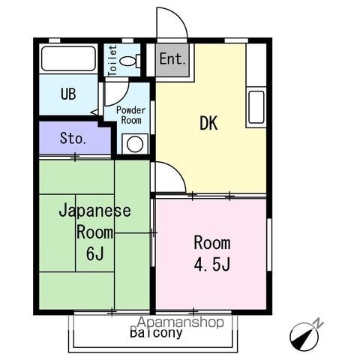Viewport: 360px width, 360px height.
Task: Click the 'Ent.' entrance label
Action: (172, 58)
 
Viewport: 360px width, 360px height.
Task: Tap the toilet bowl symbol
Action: (130, 61)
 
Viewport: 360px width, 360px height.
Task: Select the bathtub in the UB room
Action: (69, 58)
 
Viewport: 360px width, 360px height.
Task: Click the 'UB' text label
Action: (68, 94)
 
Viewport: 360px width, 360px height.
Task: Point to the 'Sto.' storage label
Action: (73, 138)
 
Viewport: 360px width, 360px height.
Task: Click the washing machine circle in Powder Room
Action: (135, 144)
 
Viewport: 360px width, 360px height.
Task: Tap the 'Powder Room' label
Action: (130, 115)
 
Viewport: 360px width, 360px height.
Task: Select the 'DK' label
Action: (208, 123)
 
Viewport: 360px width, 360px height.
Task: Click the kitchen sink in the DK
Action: (256, 107)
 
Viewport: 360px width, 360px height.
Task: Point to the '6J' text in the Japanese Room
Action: (94, 253)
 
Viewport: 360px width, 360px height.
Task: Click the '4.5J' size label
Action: (212, 264)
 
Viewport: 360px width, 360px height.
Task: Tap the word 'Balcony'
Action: (156, 332)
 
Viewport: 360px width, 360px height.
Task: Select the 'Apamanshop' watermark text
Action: (181, 322)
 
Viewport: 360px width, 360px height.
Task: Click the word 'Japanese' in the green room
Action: (94, 211)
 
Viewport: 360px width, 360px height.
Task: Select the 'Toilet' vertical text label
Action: (112, 61)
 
